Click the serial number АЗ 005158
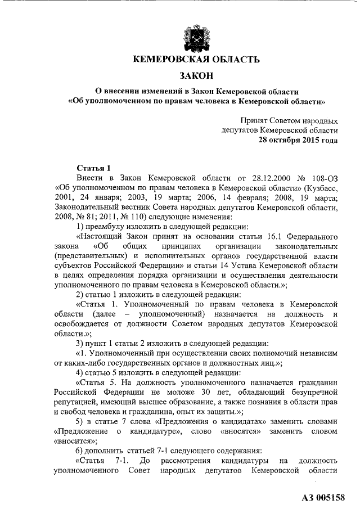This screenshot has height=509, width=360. [x=324, y=497]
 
